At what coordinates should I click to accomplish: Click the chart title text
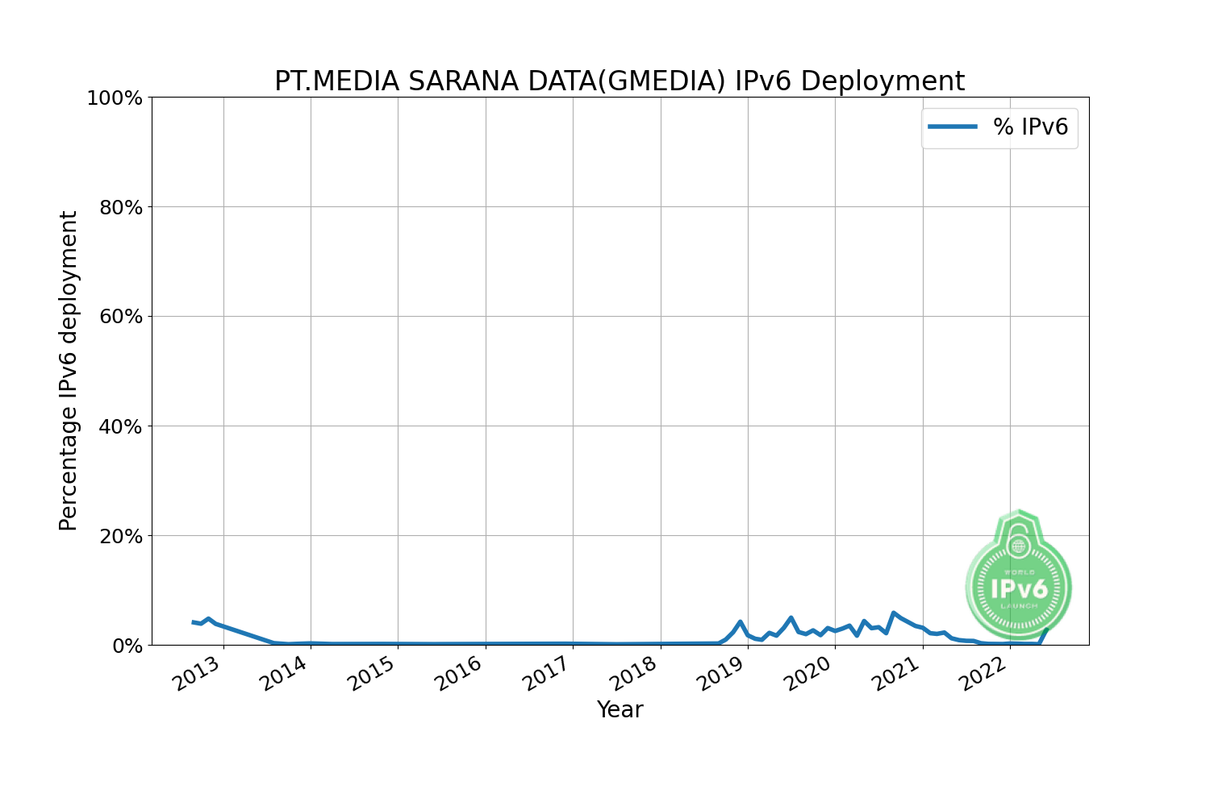point(619,81)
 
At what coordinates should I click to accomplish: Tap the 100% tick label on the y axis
point(114,98)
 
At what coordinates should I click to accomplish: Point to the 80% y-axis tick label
point(120,208)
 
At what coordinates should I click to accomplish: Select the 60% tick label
point(120,318)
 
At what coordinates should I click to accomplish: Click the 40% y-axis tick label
point(120,427)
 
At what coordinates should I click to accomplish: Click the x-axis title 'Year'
point(620,710)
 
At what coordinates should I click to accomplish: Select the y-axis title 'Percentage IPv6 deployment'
point(69,371)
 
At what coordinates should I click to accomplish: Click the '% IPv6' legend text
point(1030,127)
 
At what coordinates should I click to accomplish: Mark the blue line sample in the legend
point(953,127)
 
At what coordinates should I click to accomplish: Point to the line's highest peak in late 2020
point(893,613)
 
